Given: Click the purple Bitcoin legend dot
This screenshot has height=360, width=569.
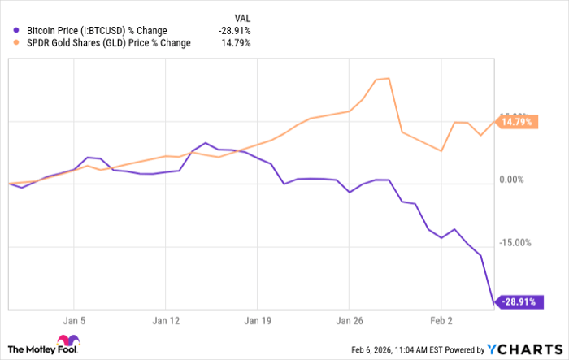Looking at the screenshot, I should point(17,32).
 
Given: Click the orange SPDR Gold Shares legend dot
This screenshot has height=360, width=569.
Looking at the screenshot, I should point(17,43).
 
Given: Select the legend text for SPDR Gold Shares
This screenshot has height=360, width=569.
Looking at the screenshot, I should point(110,43).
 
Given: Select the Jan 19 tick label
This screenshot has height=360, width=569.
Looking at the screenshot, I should point(258,320).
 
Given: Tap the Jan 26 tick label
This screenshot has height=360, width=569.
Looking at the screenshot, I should point(350,320).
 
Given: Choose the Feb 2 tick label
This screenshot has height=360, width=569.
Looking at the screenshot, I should point(441,320).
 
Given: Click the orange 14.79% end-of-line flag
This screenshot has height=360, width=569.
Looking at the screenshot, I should point(517,122).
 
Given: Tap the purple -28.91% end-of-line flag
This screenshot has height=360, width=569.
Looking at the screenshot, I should point(517,301).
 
